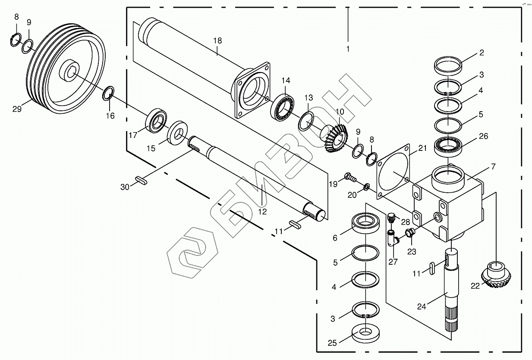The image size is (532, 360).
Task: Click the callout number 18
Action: click(x=217, y=41)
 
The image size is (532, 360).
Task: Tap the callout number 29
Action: click(x=17, y=109)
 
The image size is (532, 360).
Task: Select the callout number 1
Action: click(x=348, y=49)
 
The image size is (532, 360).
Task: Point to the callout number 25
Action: click(x=331, y=343)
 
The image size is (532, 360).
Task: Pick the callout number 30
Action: click(x=125, y=187)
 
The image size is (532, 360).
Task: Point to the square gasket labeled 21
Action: click(x=393, y=173)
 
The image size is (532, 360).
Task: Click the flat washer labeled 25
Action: click(x=365, y=332)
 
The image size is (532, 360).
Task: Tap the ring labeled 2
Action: click(x=448, y=66)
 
